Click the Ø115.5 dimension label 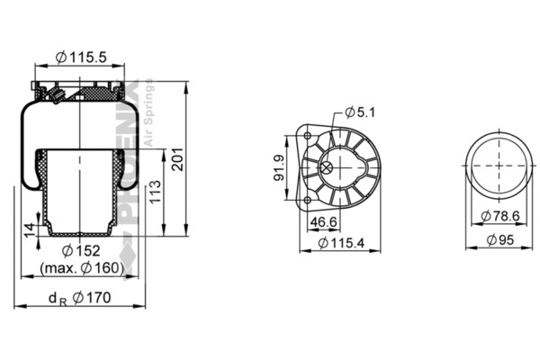pyautogui.click(x=81, y=57)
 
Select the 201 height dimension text pyautogui.click(x=178, y=159)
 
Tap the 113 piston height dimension pyautogui.click(x=156, y=192)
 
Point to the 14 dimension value pyautogui.click(x=31, y=230)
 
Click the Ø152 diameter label pyautogui.click(x=81, y=251)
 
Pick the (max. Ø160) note pyautogui.click(x=82, y=268)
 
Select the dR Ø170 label pyautogui.click(x=80, y=298)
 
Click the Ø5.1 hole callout pyautogui.click(x=360, y=112)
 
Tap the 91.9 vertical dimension pyautogui.click(x=279, y=167)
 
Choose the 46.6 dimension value pyautogui.click(x=323, y=222)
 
